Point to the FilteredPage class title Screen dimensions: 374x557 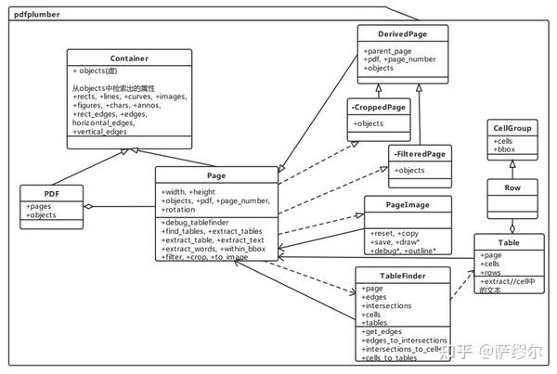click(419, 153)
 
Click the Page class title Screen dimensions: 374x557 click(216, 174)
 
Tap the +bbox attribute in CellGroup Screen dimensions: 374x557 click(505, 148)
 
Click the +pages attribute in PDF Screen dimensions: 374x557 click(41, 207)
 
